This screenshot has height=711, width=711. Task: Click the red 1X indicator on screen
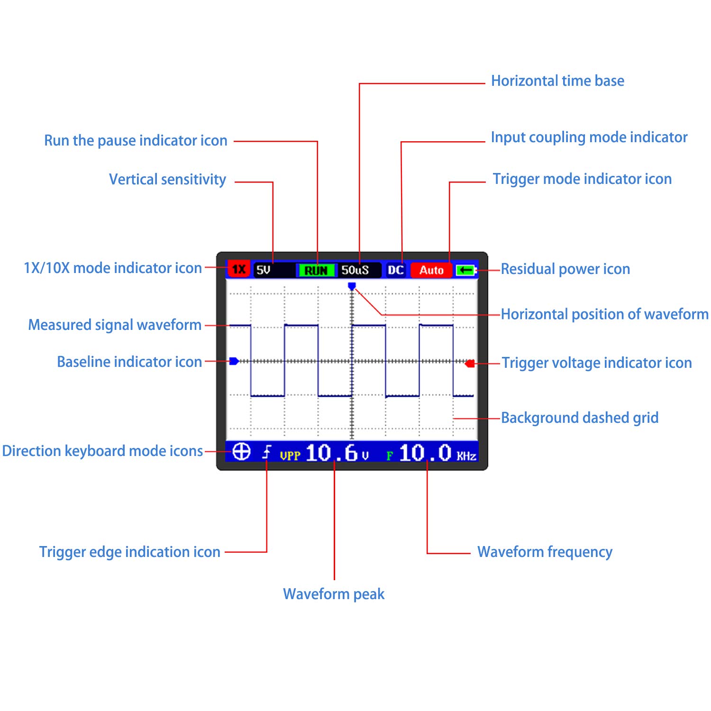pyautogui.click(x=238, y=270)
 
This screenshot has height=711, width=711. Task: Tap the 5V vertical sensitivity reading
pyautogui.click(x=263, y=270)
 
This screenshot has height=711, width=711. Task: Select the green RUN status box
pyautogui.click(x=316, y=270)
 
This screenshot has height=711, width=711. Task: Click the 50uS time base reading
pyautogui.click(x=355, y=270)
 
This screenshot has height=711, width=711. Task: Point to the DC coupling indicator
pyautogui.click(x=395, y=270)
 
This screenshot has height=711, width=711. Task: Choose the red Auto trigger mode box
pyautogui.click(x=431, y=270)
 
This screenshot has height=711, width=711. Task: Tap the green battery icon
pyautogui.click(x=466, y=270)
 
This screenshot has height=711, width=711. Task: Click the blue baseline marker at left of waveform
pyautogui.click(x=234, y=361)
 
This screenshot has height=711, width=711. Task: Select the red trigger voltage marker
pyautogui.click(x=470, y=364)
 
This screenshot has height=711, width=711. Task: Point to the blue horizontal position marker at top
pyautogui.click(x=352, y=286)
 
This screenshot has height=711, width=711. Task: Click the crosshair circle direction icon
pyautogui.click(x=242, y=452)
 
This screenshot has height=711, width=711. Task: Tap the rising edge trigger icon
pyautogui.click(x=267, y=453)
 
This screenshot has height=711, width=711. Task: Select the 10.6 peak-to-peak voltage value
pyautogui.click(x=331, y=453)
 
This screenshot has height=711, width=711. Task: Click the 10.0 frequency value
pyautogui.click(x=425, y=453)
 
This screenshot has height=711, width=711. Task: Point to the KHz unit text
pyautogui.click(x=466, y=456)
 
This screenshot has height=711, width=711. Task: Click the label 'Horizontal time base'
pyautogui.click(x=557, y=81)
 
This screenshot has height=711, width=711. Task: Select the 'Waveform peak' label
pyautogui.click(x=334, y=594)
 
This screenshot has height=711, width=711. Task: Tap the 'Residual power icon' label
pyautogui.click(x=565, y=269)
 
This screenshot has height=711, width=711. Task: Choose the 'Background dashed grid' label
pyautogui.click(x=580, y=418)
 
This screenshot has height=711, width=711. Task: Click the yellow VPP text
pyautogui.click(x=290, y=456)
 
